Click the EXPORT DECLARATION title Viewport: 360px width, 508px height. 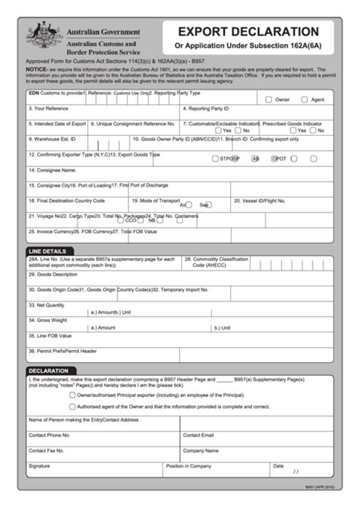click(x=248, y=32)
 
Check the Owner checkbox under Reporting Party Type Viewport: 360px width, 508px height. click(x=268, y=99)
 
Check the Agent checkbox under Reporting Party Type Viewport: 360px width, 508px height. click(x=304, y=99)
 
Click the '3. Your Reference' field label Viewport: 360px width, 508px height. click(x=49, y=109)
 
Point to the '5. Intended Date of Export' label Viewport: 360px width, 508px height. click(x=58, y=123)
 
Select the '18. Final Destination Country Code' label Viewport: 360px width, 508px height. click(x=66, y=200)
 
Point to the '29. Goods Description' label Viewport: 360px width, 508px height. click(x=53, y=274)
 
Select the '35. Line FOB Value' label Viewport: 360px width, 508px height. click(x=50, y=335)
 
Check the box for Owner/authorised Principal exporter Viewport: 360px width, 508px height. click(x=71, y=395)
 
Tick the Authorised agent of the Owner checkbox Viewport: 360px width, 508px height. click(x=71, y=406)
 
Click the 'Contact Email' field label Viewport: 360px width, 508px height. click(x=198, y=435)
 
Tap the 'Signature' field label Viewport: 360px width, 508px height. click(x=39, y=465)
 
